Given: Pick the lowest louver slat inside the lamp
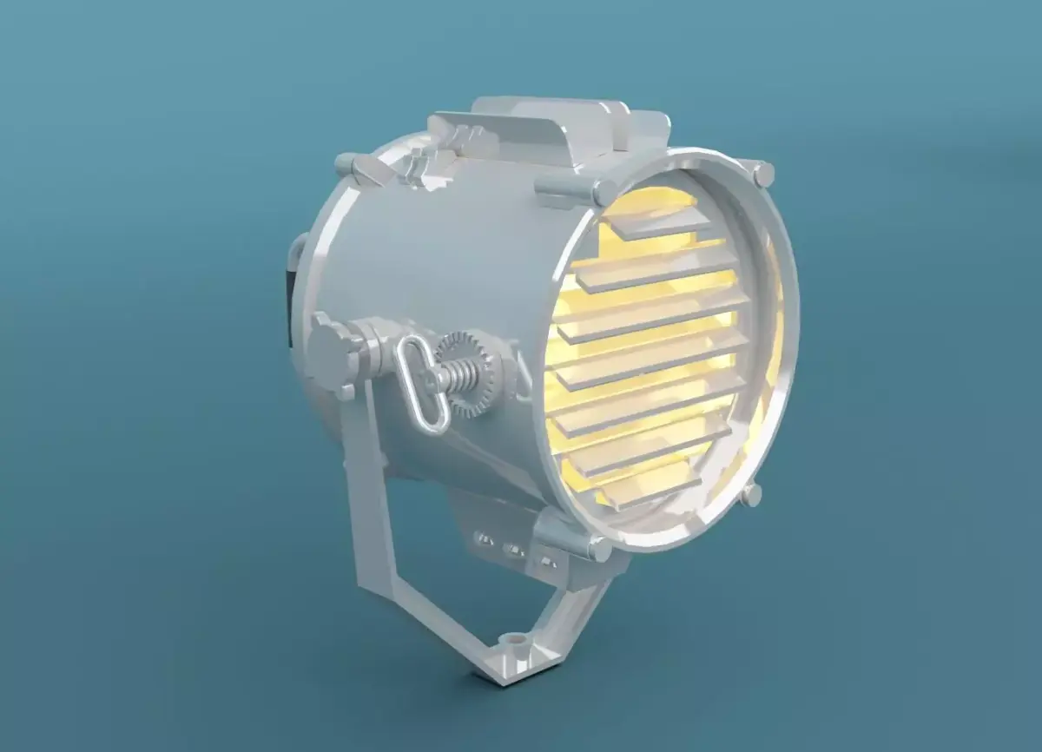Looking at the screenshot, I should point(643,494).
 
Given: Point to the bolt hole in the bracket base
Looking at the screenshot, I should point(519,639).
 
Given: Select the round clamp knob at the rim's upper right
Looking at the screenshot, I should point(762,175).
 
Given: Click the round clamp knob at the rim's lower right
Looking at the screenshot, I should point(751,495).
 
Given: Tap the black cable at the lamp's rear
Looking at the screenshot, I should point(288,303).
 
